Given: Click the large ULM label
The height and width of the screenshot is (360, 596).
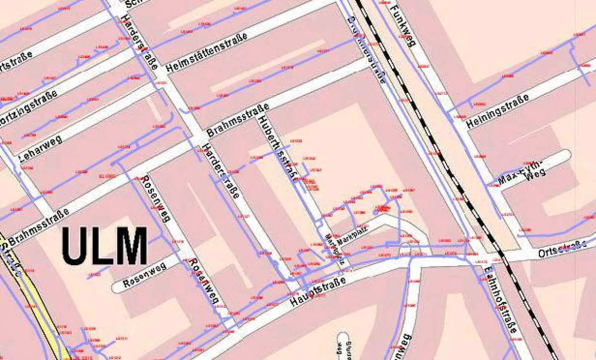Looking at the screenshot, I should click(x=105, y=246).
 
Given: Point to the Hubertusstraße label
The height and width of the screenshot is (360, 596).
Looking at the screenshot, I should click(x=276, y=147).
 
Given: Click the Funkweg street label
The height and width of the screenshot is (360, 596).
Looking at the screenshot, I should click(x=402, y=25).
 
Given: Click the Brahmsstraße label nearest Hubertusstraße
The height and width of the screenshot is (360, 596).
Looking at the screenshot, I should click(x=238, y=121).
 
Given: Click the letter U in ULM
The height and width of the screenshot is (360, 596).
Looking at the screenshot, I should click(x=74, y=246).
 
